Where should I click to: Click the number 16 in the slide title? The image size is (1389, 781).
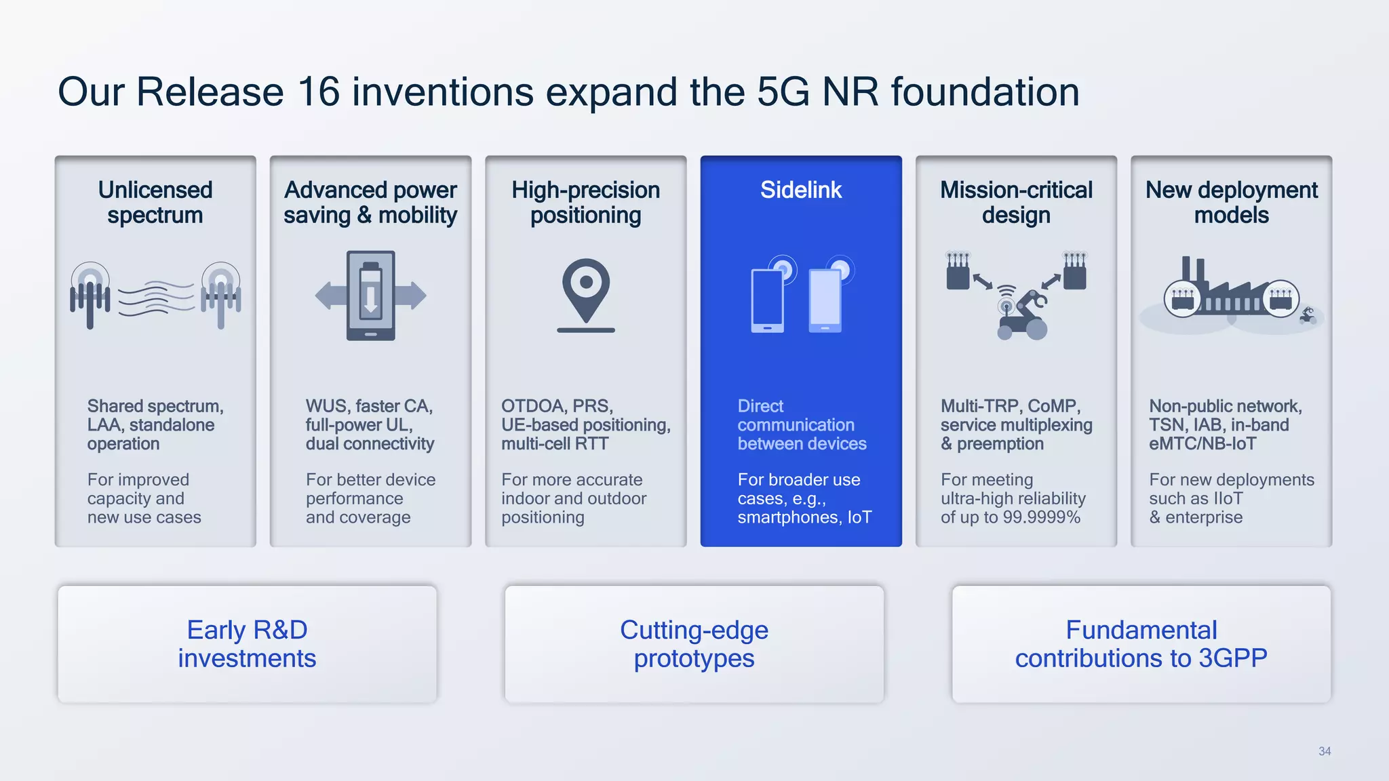tap(318, 92)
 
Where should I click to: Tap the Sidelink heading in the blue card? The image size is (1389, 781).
tap(800, 191)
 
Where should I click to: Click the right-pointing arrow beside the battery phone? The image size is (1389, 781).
tap(411, 296)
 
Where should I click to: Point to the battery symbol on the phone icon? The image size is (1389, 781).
tap(370, 290)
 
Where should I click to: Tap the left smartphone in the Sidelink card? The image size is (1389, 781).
tap(767, 300)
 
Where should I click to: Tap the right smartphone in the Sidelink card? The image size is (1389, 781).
tap(825, 300)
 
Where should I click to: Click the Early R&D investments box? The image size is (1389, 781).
tap(247, 644)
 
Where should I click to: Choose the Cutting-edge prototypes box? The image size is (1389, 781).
tap(694, 644)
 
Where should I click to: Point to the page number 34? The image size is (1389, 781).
tap(1324, 751)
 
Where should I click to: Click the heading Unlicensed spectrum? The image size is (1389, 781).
tap(155, 202)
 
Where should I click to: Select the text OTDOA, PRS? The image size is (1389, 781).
tap(557, 406)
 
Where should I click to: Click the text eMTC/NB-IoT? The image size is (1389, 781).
tap(1202, 444)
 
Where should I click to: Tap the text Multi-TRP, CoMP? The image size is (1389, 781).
tap(1010, 406)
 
